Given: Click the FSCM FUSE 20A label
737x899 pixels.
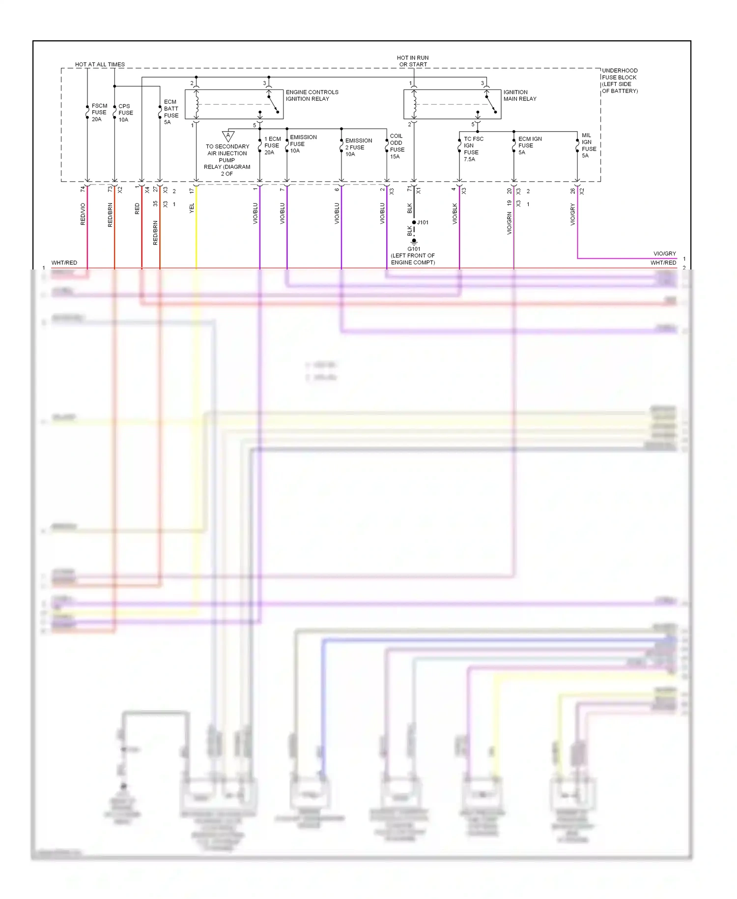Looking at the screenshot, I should point(99,113).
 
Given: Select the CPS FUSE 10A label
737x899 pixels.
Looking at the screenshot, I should point(125,113).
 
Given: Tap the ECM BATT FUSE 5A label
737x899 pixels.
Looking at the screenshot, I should point(170,112).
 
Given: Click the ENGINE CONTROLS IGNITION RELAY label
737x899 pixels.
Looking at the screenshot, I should point(312,95).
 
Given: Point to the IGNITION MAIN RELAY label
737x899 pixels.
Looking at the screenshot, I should point(519,95).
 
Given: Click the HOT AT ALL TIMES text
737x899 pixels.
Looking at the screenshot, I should point(100,64).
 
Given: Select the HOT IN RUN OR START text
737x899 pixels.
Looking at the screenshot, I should point(413,61).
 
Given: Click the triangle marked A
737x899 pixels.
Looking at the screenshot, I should point(228,136).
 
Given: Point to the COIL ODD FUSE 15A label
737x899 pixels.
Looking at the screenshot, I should point(397,146).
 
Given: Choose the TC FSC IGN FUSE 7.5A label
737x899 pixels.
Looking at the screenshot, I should point(473,149).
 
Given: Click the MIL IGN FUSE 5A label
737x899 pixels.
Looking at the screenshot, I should point(588,145).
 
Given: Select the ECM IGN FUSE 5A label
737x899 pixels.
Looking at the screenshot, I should point(530,146).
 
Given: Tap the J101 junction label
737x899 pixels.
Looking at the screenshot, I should point(423,222).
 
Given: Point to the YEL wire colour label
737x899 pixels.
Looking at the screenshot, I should point(192,208).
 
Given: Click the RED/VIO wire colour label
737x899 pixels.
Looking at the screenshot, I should point(83,214).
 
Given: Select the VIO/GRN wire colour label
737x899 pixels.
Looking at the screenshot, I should point(509,223).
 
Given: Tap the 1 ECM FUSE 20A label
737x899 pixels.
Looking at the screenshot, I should point(272,146).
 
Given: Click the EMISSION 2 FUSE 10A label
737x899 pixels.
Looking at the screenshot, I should point(358,147).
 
